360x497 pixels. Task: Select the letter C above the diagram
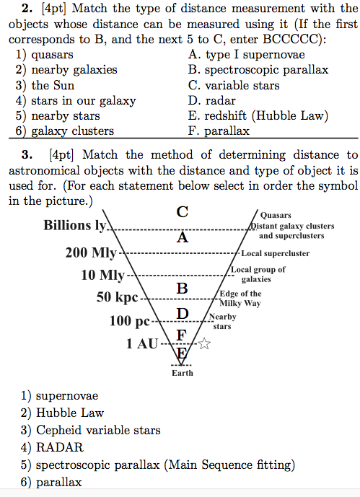(183, 212)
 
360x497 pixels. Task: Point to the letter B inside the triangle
(183, 288)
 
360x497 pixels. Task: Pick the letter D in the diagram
(183, 314)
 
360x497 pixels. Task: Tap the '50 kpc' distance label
(117, 297)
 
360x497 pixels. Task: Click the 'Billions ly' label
(76, 225)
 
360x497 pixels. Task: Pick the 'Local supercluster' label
(275, 254)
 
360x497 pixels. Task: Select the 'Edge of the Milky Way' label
(241, 298)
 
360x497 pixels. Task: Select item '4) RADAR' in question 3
(53, 447)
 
